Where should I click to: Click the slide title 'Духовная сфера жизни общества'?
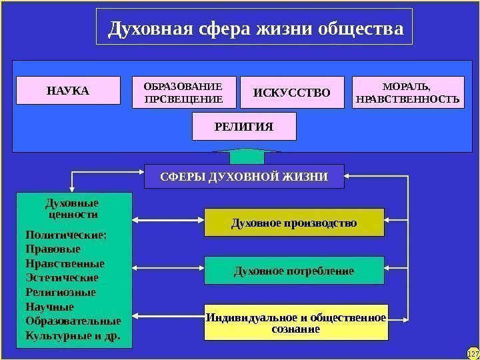255,29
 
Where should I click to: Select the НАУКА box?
68,91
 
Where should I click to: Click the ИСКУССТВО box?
291,93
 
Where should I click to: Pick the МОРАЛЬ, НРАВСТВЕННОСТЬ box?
407,93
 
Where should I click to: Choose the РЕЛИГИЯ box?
244,126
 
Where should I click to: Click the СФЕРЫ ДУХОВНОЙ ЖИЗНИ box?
244,177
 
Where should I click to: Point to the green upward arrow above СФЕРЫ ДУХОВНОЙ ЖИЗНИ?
244,157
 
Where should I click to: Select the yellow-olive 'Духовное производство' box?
294,223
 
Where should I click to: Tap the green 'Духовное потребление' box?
294,271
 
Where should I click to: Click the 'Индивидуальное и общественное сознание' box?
296,323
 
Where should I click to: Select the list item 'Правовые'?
53,249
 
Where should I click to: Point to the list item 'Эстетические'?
61,277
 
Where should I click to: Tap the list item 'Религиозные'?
60,292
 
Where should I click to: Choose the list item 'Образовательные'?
73,321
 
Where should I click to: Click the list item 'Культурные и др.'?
73,335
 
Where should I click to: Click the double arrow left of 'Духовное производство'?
168,220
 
